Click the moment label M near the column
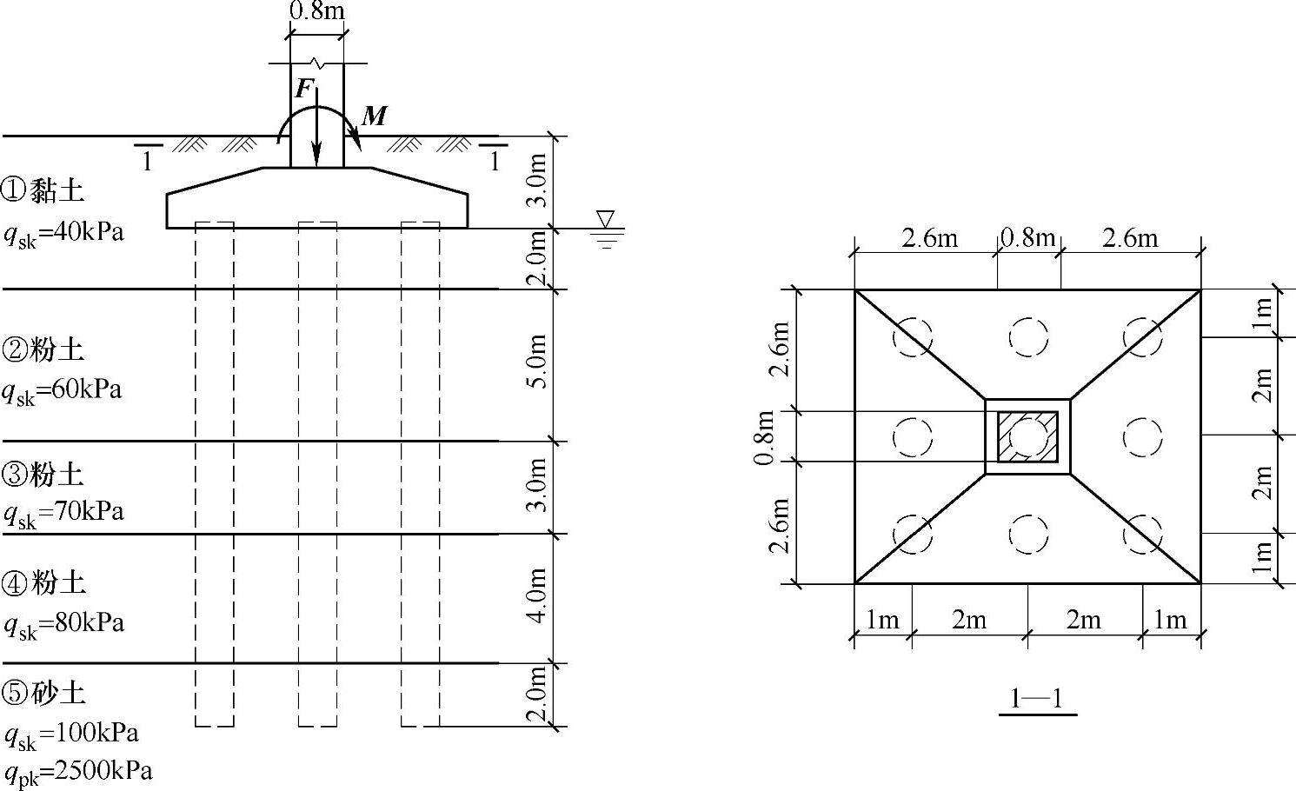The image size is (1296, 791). click(375, 116)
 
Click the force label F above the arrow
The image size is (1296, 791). click(303, 89)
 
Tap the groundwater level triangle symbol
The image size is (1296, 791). click(606, 219)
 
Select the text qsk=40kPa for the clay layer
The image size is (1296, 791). click(63, 235)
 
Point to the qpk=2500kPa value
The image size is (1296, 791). click(79, 773)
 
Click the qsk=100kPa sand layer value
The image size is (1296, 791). click(71, 735)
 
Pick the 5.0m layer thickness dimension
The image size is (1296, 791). click(537, 362)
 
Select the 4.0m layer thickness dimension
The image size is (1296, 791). click(537, 595)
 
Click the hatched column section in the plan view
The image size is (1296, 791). click(1027, 436)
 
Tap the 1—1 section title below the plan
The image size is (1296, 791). click(1037, 698)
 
